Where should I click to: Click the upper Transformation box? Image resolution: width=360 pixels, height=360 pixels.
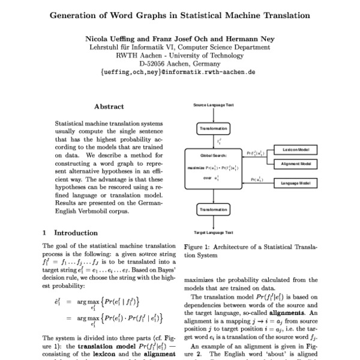click(x=213, y=128)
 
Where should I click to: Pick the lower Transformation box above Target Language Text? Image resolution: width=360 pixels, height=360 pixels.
click(x=213, y=210)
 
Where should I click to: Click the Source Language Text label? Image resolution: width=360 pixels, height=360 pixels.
click(x=213, y=105)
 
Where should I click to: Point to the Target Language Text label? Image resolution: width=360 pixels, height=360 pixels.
click(x=213, y=232)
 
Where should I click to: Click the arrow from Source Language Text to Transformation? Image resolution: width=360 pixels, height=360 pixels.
click(x=213, y=115)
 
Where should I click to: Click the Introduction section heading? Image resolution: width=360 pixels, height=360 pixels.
click(x=76, y=233)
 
